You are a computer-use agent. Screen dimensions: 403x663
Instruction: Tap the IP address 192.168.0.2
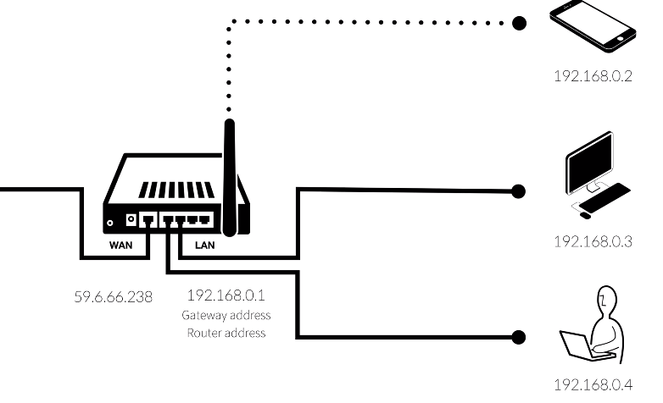(x=593, y=75)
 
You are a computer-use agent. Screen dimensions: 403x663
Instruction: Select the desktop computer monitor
(x=590, y=160)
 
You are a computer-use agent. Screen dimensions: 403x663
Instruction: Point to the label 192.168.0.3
(x=593, y=241)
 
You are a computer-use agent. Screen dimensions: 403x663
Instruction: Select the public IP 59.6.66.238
(x=114, y=297)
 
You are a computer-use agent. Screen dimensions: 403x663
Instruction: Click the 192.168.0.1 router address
(x=226, y=296)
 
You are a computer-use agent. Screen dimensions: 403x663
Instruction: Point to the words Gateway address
(x=226, y=315)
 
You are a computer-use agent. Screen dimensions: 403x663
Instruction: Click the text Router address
(x=226, y=333)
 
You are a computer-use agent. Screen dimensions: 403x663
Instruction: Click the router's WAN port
(x=149, y=220)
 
